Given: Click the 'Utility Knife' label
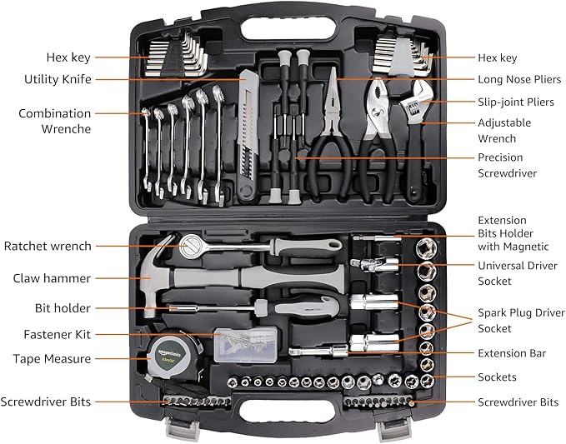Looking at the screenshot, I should click(x=58, y=79).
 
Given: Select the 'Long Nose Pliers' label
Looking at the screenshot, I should click(x=519, y=79).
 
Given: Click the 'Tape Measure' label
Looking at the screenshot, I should click(x=52, y=359).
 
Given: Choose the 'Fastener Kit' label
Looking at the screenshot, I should click(x=58, y=334).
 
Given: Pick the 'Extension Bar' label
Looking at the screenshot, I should click(x=512, y=353).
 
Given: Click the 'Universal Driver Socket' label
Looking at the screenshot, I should click(x=512, y=273).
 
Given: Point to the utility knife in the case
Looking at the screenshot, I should click(x=247, y=133).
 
